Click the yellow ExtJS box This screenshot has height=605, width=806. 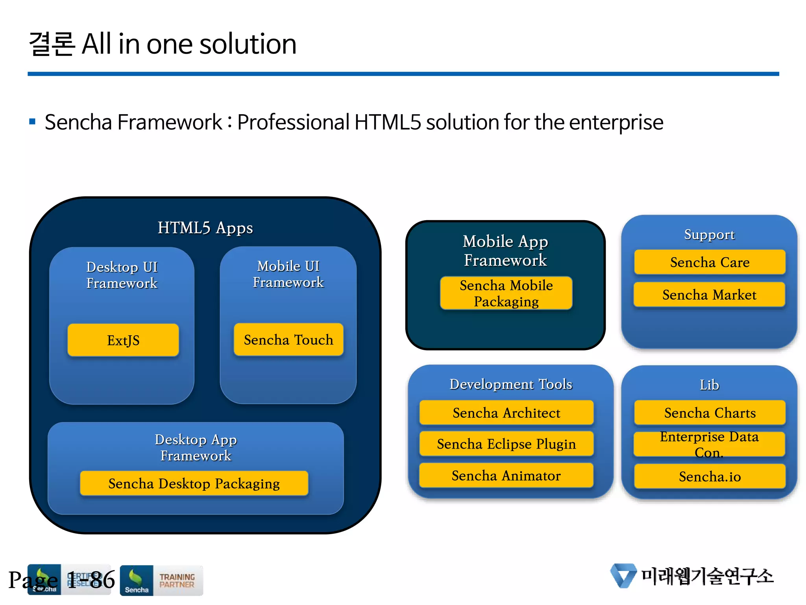[123, 340]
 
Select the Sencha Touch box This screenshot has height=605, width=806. [288, 340]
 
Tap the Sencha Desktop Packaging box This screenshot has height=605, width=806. [194, 483]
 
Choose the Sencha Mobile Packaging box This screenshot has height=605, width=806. [506, 293]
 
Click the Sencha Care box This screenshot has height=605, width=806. [710, 262]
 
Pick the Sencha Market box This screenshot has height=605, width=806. [709, 295]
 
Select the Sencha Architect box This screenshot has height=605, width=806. [507, 413]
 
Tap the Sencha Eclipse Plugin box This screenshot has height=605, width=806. [507, 444]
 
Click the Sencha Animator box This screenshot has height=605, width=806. [507, 475]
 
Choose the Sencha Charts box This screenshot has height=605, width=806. [710, 413]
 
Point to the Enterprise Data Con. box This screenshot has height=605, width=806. [709, 444]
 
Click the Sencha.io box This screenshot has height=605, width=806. [710, 477]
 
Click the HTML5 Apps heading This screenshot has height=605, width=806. [205, 228]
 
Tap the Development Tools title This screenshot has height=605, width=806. [511, 384]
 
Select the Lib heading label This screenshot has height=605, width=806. [709, 385]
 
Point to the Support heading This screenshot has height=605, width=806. [709, 234]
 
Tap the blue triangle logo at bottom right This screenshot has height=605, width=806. [623, 575]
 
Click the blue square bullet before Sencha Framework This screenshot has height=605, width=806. [33, 122]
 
